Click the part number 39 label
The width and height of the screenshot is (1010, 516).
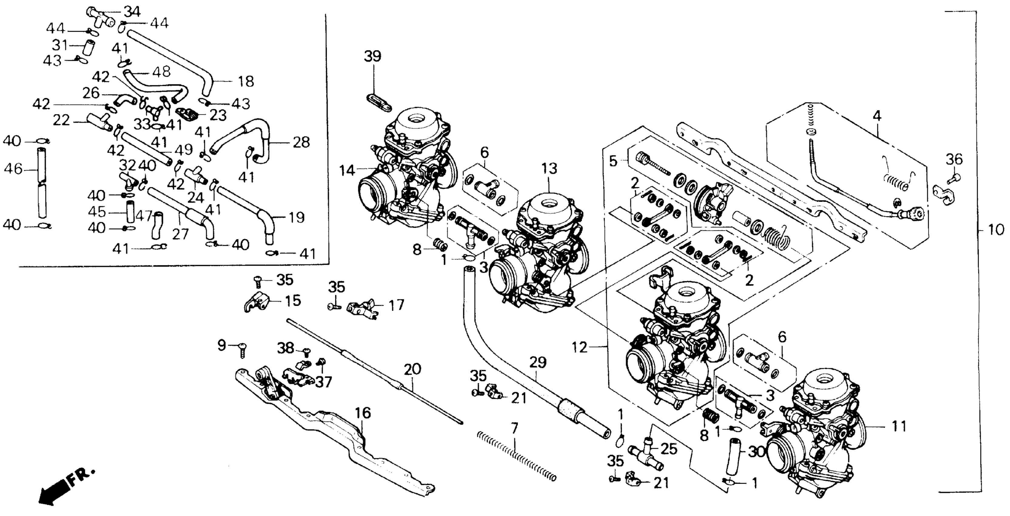pyautogui.click(x=372, y=56)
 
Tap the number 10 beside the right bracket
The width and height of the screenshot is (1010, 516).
pyautogui.click(x=995, y=229)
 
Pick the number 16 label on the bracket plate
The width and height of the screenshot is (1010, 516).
pyautogui.click(x=363, y=413)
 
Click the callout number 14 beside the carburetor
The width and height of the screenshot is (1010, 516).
pyautogui.click(x=347, y=171)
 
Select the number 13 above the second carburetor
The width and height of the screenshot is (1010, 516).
pyautogui.click(x=549, y=169)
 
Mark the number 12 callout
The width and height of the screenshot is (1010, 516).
pyautogui.click(x=579, y=347)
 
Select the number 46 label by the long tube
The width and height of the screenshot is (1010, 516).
pyautogui.click(x=13, y=169)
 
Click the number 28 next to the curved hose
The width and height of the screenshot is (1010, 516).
pyautogui.click(x=301, y=142)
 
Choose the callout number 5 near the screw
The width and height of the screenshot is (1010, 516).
pyautogui.click(x=613, y=161)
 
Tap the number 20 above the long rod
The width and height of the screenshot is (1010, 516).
pyautogui.click(x=412, y=369)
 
